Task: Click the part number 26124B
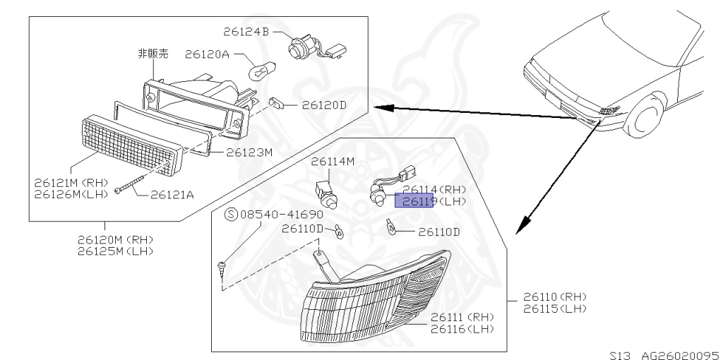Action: coord(246,32)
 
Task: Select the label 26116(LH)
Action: coord(462,329)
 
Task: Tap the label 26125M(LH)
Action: coord(115,251)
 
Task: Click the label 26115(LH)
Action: coord(555,308)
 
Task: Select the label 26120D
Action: coord(325,105)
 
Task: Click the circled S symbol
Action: coord(230,214)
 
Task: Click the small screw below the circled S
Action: coord(222,268)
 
